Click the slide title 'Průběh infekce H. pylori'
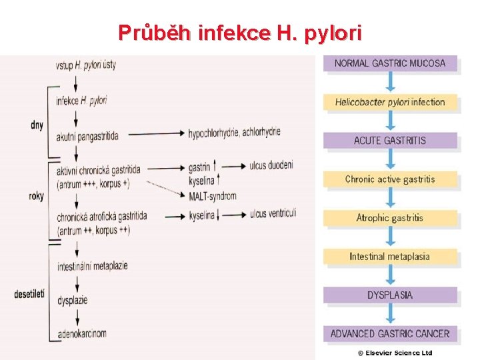239,31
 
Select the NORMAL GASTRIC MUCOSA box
390,63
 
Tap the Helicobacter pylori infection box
390,102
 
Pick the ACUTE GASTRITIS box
390,141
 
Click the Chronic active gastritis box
390,179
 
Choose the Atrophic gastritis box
390,218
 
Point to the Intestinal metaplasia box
390,257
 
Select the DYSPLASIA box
390,295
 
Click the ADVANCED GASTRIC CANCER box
390,333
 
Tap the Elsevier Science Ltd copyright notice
395,353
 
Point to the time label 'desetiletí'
29,293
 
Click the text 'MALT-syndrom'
213,196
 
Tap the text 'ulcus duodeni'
271,165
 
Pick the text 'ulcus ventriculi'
273,213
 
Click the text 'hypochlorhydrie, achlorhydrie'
234,132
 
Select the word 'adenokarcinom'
81,333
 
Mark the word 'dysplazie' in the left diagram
72,301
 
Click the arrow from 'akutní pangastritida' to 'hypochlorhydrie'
156,134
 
